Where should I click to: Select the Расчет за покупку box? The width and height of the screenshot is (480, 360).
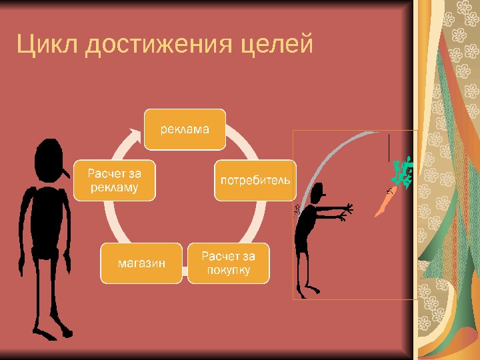tap(228, 263)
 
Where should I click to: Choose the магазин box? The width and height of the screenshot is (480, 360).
tap(141, 263)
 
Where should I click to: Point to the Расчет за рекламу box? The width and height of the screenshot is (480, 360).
tap(116, 180)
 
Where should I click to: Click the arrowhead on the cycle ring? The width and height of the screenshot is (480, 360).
tap(137, 136)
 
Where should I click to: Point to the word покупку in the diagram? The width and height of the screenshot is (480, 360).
tap(228, 270)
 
